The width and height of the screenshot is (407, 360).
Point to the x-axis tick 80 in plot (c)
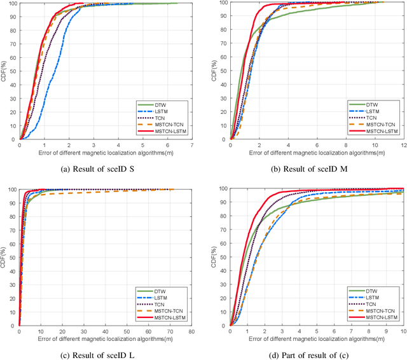(x=191, y=331)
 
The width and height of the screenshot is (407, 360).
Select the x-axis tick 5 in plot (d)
(x=317, y=331)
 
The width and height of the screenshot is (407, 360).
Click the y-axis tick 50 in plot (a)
(x=13, y=71)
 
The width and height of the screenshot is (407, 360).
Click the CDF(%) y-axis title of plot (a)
(x=4, y=71)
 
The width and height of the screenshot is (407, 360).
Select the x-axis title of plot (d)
(x=317, y=339)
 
